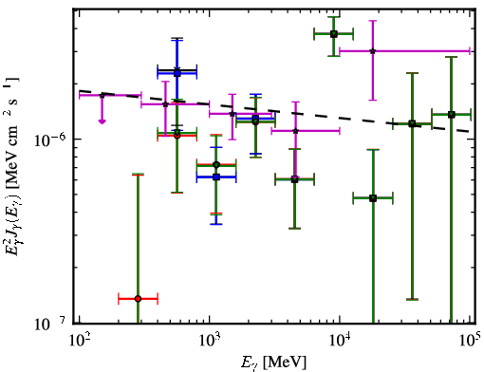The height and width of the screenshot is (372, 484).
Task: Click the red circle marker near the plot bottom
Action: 138,299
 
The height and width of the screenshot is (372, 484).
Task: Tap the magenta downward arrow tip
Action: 102,123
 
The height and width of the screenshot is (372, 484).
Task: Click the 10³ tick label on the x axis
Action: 210,341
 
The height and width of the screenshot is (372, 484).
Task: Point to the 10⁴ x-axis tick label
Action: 341,341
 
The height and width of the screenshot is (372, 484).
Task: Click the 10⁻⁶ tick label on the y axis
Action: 50,139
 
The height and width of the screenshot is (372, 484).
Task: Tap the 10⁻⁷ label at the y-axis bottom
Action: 50,325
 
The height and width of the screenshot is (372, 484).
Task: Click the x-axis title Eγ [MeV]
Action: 273,362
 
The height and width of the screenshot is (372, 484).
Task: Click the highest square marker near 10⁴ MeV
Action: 334,34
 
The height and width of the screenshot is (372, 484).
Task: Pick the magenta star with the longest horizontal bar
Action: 373,50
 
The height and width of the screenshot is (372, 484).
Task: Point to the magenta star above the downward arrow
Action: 102,95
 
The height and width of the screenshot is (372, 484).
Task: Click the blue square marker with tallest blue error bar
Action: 177,73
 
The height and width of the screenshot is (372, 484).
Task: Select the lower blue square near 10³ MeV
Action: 216,177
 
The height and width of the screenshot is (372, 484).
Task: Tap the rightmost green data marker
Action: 452,114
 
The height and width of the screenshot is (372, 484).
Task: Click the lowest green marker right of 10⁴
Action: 373,198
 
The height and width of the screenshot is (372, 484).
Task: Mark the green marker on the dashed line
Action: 412,123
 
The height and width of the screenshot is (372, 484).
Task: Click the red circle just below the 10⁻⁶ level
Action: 177,136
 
